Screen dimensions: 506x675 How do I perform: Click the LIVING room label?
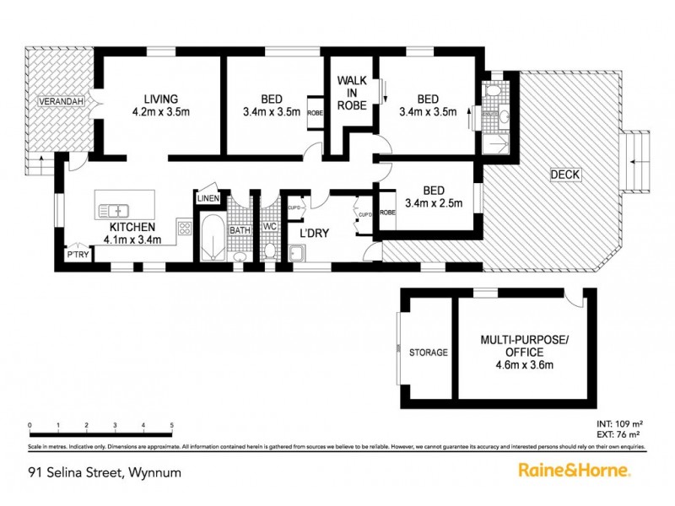tap(159, 97)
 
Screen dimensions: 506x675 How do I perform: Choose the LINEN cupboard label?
tap(208, 198)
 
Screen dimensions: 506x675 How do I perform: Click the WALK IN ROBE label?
tap(352, 93)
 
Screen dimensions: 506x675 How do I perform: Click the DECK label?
tap(564, 175)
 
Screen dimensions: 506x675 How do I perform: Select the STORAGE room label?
tap(428, 353)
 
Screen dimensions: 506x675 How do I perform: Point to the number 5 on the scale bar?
tap(172, 424)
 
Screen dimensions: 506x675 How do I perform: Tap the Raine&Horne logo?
tap(574, 470)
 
